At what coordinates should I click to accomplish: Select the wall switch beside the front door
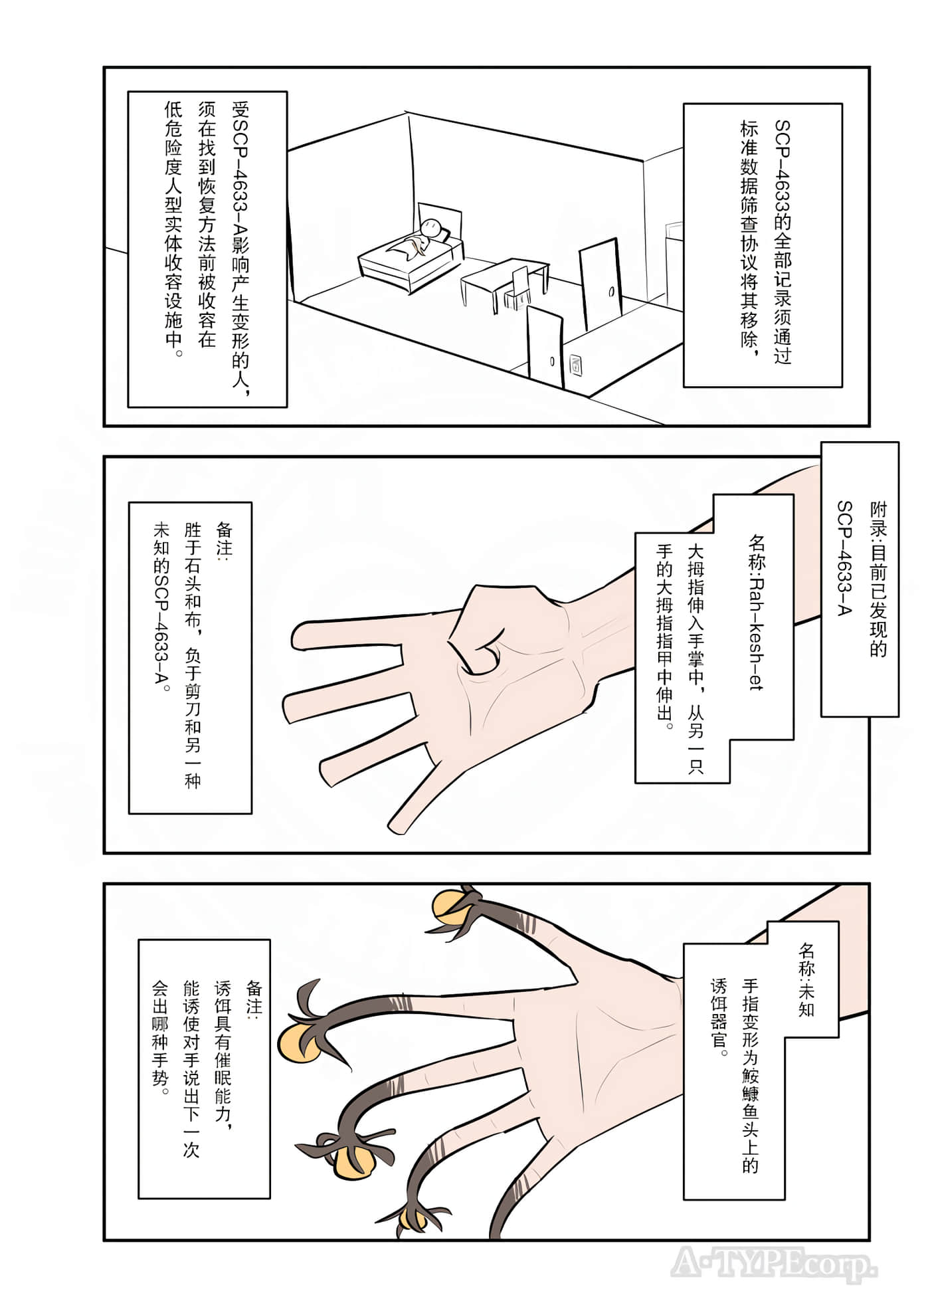pyautogui.click(x=576, y=364)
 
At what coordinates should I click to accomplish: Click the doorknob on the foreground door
pyautogui.click(x=552, y=361)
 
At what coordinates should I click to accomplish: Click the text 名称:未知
pyautogui.click(x=806, y=979)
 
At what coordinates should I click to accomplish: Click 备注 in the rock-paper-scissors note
pyautogui.click(x=224, y=539)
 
